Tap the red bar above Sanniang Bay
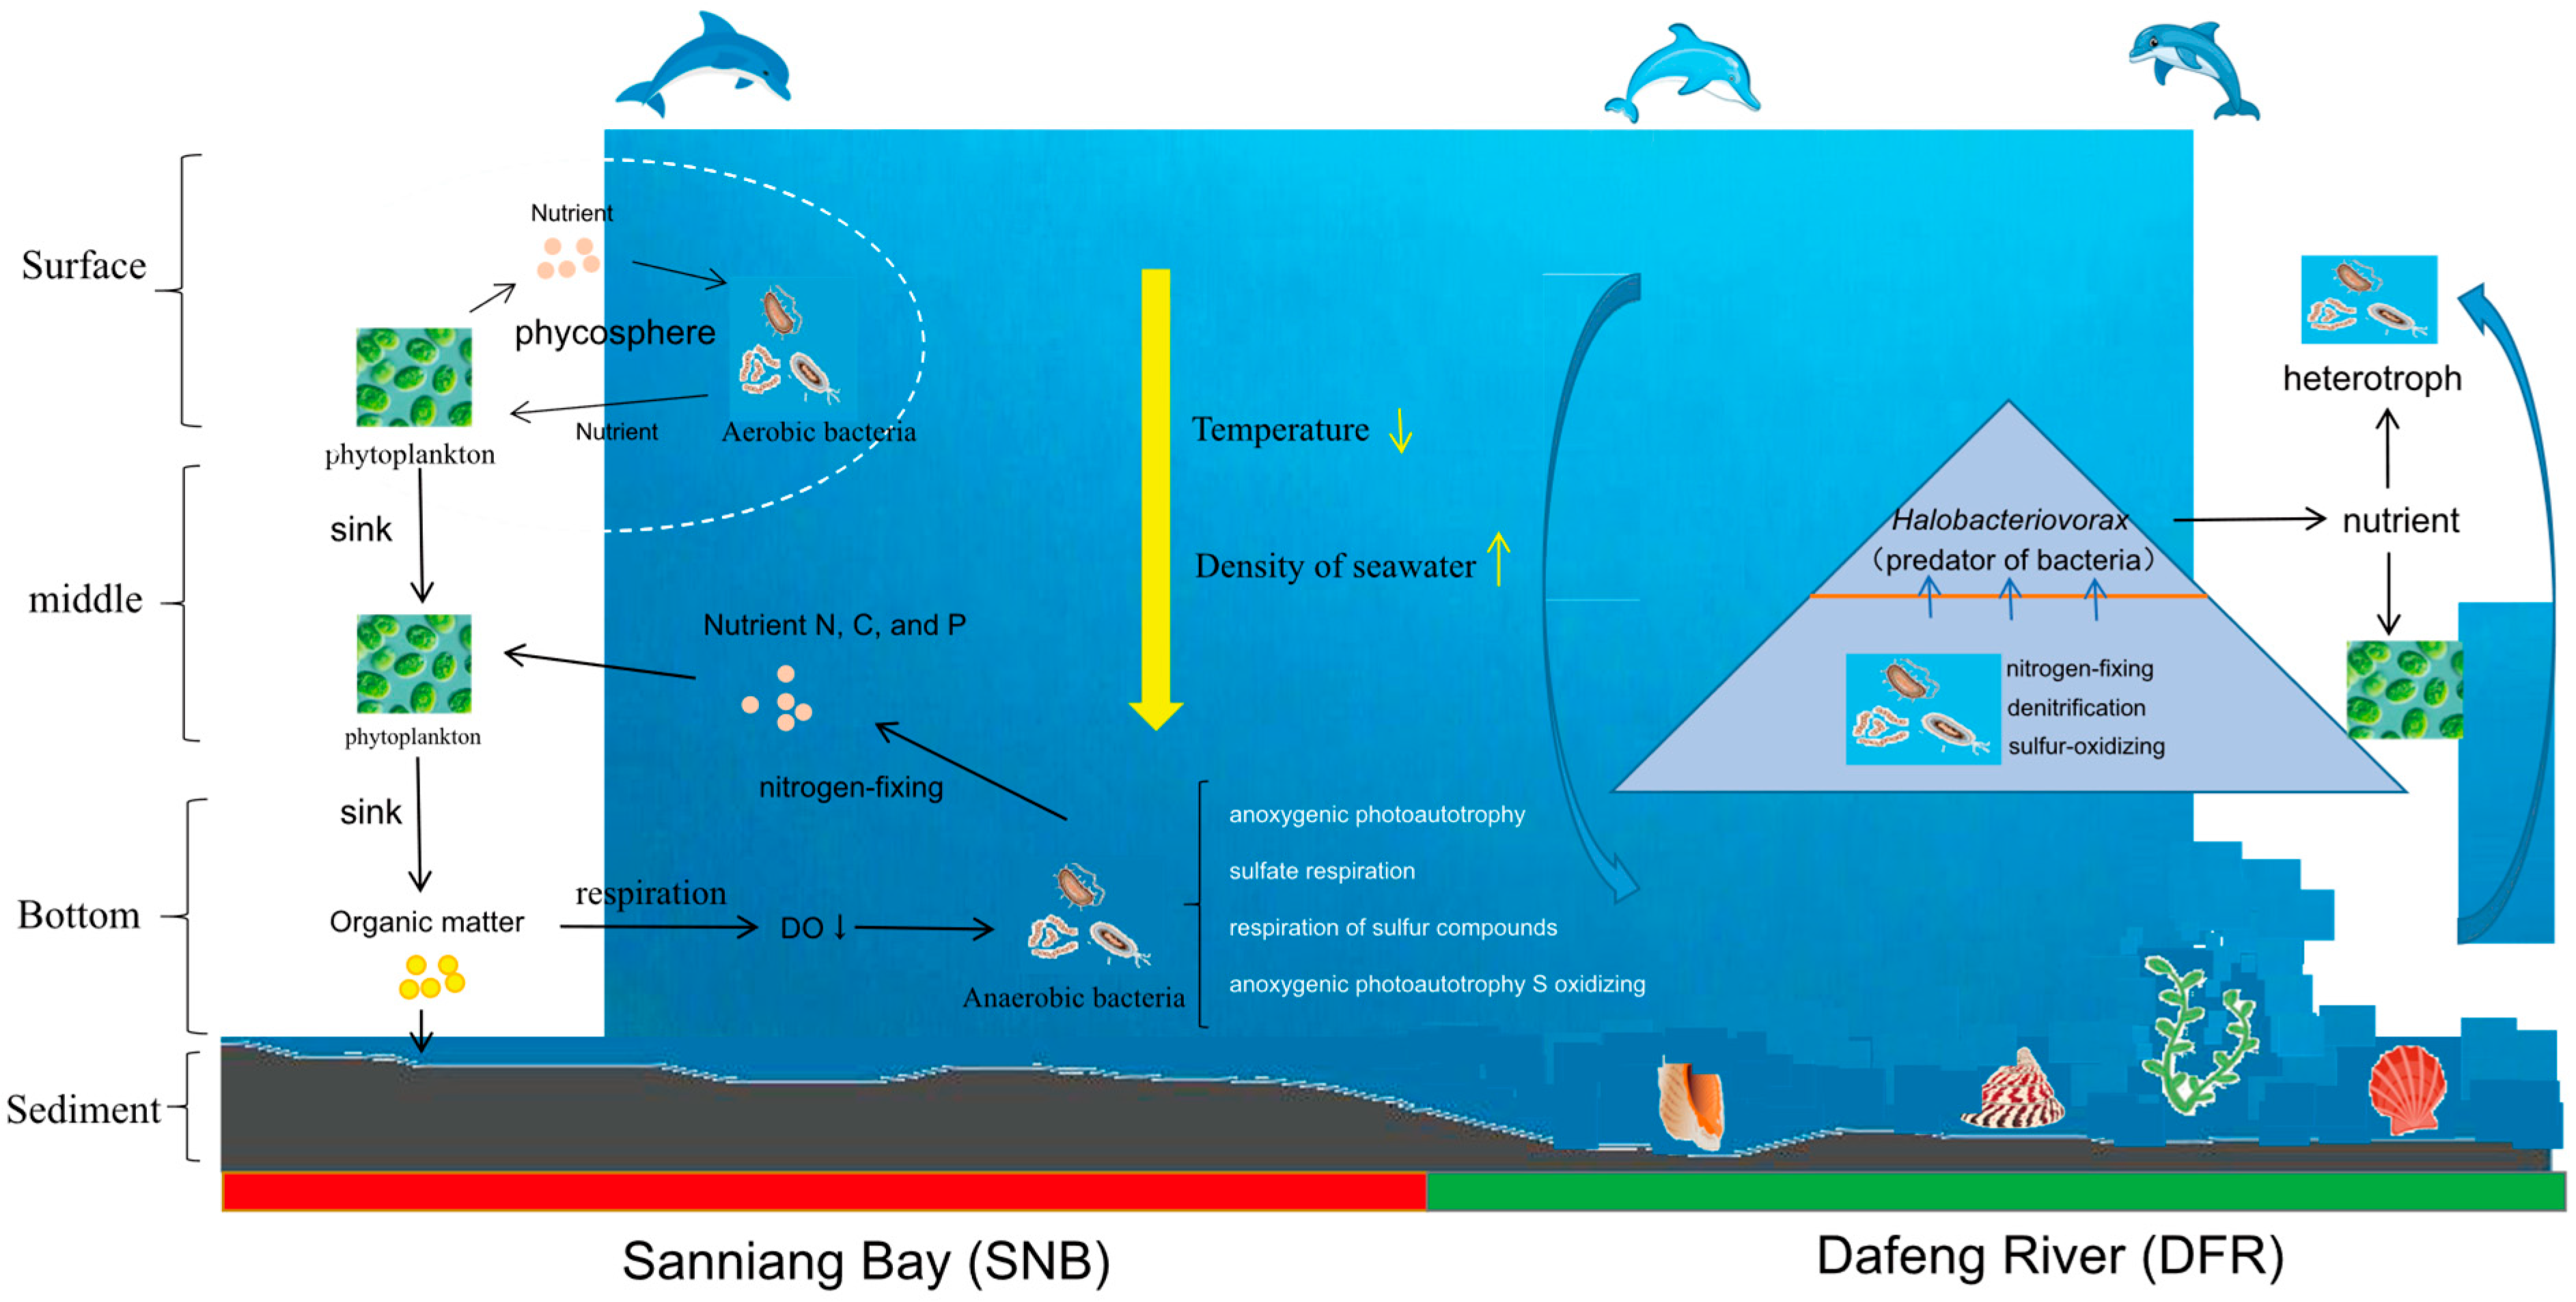click(823, 1191)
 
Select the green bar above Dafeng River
click(1995, 1191)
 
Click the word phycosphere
click(614, 332)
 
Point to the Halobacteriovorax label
click(2009, 520)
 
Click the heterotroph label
click(2371, 379)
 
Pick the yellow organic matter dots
click(431, 977)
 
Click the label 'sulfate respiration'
click(1321, 871)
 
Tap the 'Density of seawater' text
click(1334, 566)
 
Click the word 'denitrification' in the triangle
click(2075, 708)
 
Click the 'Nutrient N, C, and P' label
click(834, 626)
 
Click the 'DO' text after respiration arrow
click(801, 928)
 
